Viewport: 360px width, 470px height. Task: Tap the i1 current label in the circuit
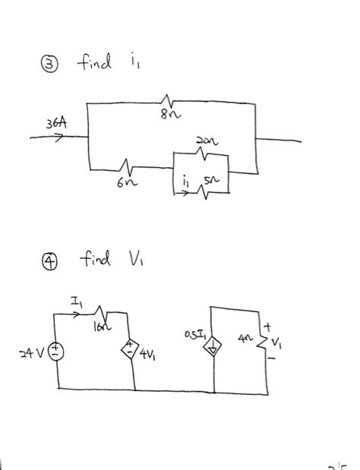[x=185, y=180]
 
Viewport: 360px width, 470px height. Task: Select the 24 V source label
[x=32, y=354]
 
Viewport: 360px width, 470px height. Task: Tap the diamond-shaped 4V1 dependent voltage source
[x=134, y=351]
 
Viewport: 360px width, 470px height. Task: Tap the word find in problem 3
[x=95, y=63]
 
